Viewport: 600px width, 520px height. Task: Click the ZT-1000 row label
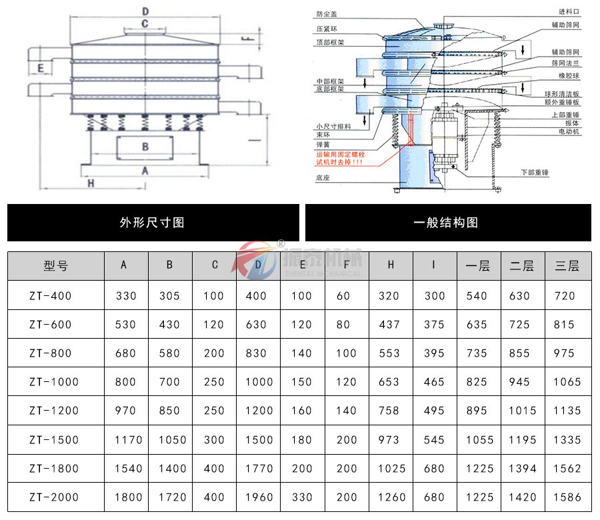(x=54, y=382)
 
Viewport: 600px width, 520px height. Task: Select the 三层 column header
(x=567, y=265)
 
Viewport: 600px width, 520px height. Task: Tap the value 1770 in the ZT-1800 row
(x=258, y=469)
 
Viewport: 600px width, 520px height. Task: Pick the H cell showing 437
(x=391, y=325)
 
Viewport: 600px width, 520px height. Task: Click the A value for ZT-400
(x=125, y=295)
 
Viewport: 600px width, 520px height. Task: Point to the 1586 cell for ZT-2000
(x=567, y=497)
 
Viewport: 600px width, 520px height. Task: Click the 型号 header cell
(x=55, y=265)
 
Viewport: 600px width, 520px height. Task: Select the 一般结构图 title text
(x=447, y=223)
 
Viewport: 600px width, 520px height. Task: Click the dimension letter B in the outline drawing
(x=145, y=146)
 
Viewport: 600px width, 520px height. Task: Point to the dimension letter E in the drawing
(x=41, y=68)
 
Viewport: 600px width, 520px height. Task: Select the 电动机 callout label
(x=569, y=132)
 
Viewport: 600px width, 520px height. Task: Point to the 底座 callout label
(x=323, y=178)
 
